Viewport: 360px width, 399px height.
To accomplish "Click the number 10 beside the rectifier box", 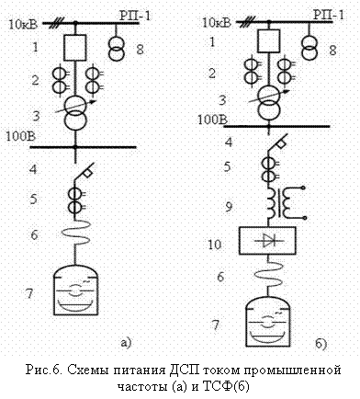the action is tap(215, 245).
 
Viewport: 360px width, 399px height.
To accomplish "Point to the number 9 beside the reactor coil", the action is tap(229, 207).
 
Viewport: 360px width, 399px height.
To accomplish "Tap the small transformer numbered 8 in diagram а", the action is tap(117, 49).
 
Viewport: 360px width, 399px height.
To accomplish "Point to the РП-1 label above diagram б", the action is tap(329, 15).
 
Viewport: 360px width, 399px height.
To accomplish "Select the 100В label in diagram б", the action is tap(212, 120).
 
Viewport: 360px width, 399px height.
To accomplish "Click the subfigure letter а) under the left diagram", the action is tap(126, 342).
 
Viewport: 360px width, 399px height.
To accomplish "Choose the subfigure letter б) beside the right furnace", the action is tap(321, 344).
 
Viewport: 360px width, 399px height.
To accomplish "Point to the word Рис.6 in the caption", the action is tap(44, 370).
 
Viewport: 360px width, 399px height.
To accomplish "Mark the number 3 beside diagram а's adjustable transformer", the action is tap(37, 116).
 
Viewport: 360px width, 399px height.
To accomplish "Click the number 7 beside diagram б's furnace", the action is tap(216, 325).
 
